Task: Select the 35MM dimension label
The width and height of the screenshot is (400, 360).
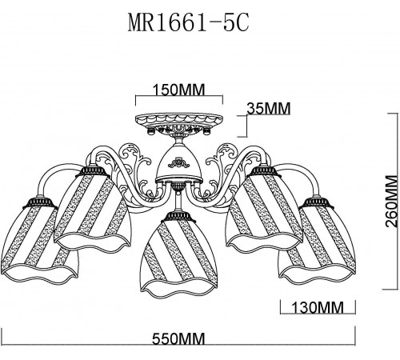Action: pyautogui.click(x=267, y=106)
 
